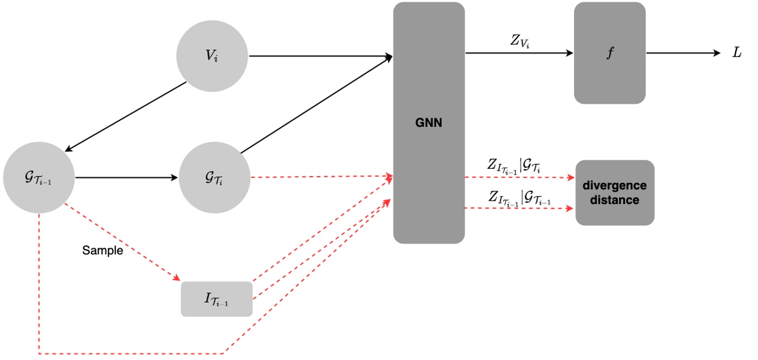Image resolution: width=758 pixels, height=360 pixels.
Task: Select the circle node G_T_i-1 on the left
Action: pos(39,177)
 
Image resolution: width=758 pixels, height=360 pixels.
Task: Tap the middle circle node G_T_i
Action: pos(215,177)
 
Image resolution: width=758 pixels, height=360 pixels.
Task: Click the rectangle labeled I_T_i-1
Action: pos(216,299)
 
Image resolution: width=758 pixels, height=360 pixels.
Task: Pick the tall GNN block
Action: pos(429,184)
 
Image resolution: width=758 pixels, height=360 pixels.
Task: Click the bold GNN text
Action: pos(429,123)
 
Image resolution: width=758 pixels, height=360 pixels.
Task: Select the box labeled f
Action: pos(610,53)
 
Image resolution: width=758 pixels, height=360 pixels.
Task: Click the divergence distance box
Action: pos(615,193)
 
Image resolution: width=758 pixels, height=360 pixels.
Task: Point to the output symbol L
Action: pos(737,53)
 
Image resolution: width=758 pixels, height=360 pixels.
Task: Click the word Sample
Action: pos(102,250)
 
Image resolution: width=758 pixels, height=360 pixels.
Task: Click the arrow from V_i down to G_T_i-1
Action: pos(126,116)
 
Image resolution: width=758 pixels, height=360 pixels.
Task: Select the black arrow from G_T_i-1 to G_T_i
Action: pos(126,177)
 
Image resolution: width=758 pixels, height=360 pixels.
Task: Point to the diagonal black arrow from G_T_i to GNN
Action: pos(316,105)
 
